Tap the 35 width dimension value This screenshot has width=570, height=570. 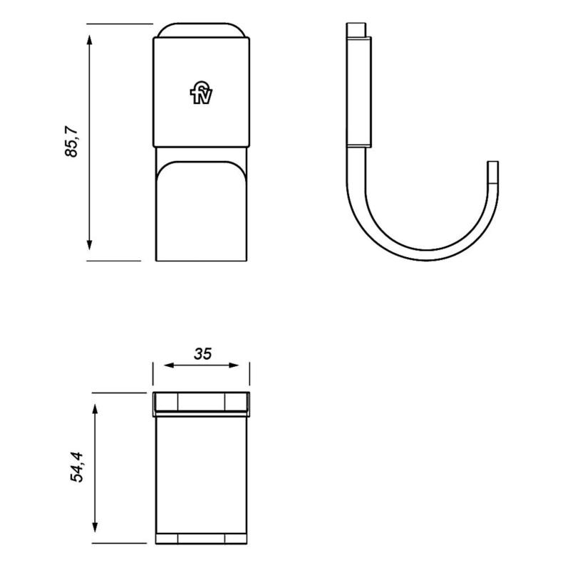click(202, 353)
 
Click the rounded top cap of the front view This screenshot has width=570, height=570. click(202, 31)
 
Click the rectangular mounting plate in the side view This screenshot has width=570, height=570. click(360, 93)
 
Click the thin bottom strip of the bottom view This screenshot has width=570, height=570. click(202, 537)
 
